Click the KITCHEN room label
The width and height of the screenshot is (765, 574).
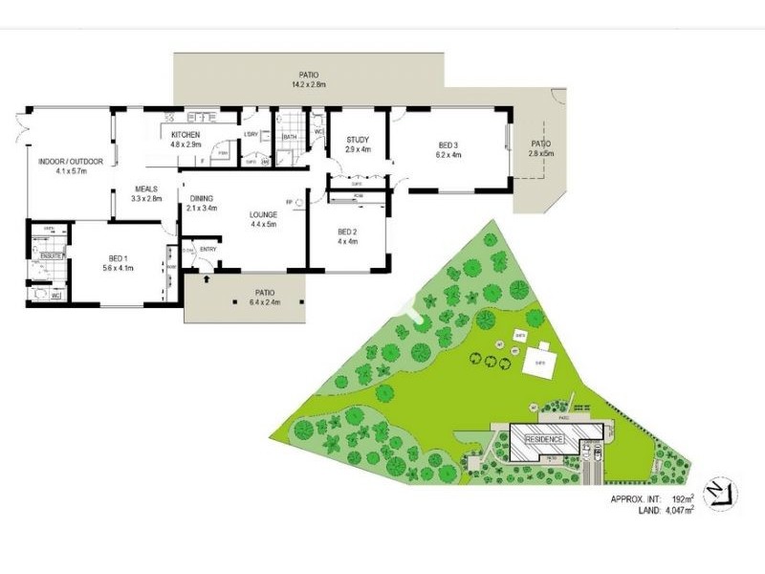(x=186, y=136)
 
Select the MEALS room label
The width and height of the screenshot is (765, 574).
(x=146, y=189)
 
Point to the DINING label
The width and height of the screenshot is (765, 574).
(x=202, y=198)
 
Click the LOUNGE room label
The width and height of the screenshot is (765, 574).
(x=263, y=215)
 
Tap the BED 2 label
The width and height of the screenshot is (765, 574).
(x=347, y=232)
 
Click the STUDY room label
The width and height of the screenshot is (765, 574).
(x=357, y=141)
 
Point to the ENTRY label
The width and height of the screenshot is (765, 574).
(x=208, y=250)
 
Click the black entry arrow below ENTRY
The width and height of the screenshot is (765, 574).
(x=208, y=280)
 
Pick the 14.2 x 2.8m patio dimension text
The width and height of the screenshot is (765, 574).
(x=308, y=84)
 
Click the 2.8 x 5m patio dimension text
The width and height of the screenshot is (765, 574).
(x=542, y=153)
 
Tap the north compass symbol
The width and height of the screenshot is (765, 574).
(x=721, y=493)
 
